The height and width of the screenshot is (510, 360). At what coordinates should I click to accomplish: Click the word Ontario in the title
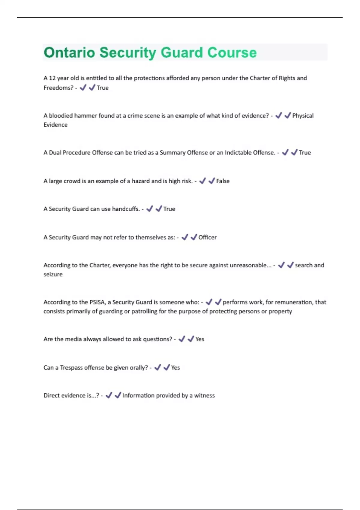coord(69,52)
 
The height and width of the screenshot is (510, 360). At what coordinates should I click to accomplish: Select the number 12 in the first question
coord(52,78)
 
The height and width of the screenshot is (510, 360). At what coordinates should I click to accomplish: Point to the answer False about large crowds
coord(223,181)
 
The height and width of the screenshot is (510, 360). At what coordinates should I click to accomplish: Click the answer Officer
coord(207,237)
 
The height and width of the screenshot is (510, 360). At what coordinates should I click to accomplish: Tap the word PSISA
coord(97,302)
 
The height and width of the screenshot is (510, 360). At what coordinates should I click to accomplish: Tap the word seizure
coord(53,274)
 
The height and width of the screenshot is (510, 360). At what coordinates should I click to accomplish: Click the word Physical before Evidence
coord(303,115)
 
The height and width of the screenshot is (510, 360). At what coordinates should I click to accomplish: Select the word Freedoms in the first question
coord(58,88)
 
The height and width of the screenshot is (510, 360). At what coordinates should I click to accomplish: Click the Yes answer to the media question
coord(200,339)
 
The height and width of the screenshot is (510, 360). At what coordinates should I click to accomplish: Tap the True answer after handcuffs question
coord(169,209)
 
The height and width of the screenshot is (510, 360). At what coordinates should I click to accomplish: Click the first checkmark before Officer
coord(185,237)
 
